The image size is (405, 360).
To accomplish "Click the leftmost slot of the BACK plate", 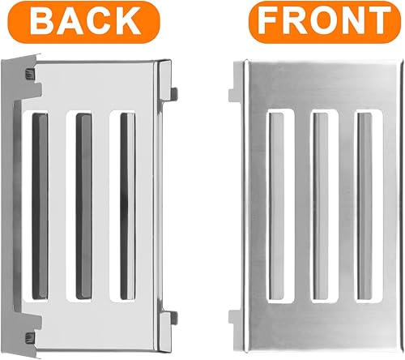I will coord(39,204).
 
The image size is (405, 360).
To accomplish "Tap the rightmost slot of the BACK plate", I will coord(127,204).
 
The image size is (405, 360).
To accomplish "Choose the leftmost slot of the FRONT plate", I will coord(275,204).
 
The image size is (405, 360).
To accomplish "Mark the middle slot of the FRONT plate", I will coord(320,204).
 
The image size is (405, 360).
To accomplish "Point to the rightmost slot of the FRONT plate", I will coord(364,204).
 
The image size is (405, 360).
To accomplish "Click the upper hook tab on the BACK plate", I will coord(172,78).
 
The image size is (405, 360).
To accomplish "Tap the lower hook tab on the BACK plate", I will coord(172,319).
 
